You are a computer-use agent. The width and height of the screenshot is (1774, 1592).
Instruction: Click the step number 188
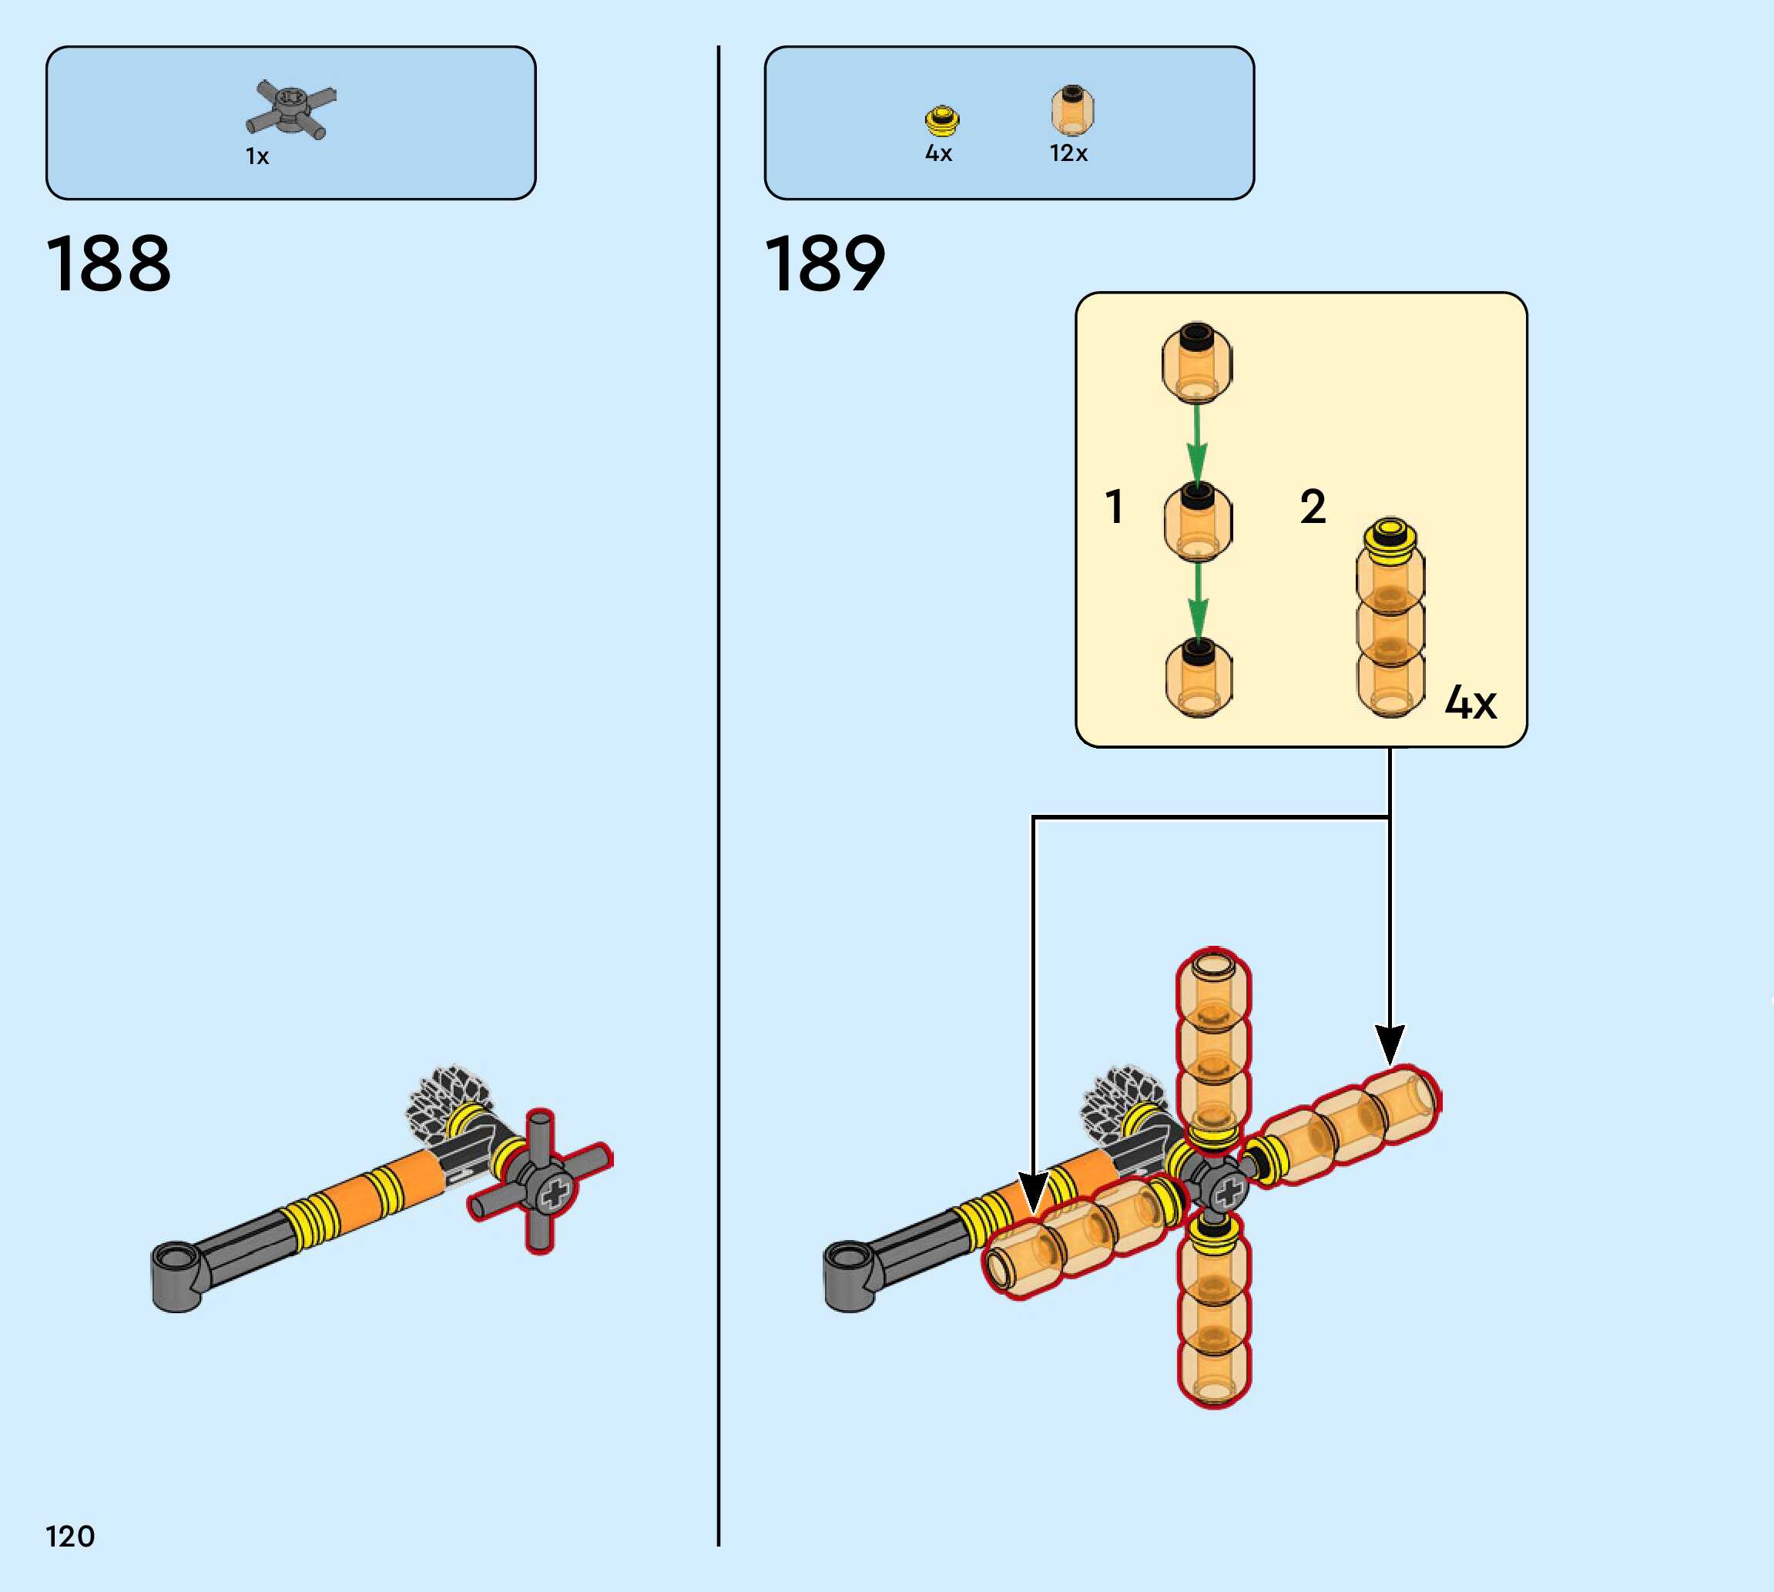[x=109, y=263]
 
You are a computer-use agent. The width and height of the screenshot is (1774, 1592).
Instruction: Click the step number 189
[x=825, y=263]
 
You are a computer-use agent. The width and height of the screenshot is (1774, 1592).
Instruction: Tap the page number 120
[x=70, y=1536]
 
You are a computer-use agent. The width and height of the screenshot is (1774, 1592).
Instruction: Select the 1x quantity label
[x=257, y=156]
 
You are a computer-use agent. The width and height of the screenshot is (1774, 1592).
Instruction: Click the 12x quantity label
[x=1068, y=153]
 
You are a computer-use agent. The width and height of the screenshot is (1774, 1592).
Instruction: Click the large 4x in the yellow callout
[x=1471, y=702]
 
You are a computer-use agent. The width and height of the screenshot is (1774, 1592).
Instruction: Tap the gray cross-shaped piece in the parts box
[x=290, y=109]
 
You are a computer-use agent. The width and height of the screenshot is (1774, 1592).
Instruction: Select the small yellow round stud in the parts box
[x=942, y=121]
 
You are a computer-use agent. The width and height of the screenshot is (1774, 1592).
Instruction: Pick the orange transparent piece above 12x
[x=1071, y=110]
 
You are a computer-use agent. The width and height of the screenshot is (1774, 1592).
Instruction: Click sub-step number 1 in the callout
[x=1114, y=507]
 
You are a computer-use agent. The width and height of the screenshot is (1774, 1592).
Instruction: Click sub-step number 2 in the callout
[x=1312, y=507]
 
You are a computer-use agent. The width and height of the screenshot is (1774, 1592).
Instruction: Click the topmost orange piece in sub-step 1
[x=1197, y=362]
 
